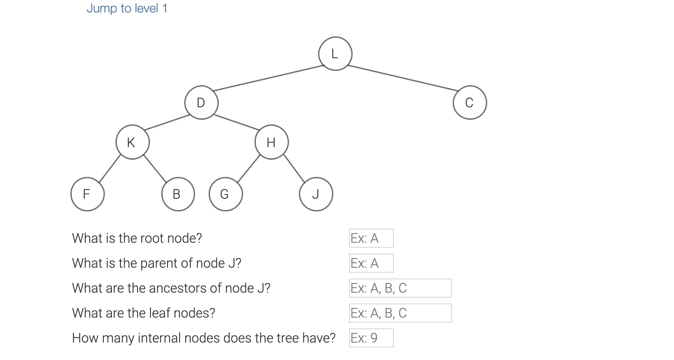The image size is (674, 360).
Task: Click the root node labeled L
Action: click(335, 54)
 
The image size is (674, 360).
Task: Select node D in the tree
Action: click(201, 103)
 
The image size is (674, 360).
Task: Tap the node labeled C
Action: click(470, 103)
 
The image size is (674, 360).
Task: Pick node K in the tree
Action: click(132, 143)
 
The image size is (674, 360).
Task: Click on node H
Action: click(271, 143)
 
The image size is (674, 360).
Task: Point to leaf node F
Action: click(87, 194)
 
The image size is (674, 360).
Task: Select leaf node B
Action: click(178, 194)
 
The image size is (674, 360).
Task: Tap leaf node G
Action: click(226, 194)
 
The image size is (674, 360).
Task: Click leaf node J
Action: click(316, 194)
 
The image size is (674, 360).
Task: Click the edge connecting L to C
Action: click(403, 78)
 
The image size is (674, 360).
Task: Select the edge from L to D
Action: click(268, 78)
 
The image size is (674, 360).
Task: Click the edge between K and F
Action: click(110, 168)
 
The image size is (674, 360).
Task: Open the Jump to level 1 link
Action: click(127, 8)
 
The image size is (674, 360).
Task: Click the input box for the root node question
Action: click(371, 238)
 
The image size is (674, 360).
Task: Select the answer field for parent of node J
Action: click(371, 263)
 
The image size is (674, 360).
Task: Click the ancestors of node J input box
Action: click(400, 288)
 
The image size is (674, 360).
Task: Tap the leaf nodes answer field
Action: click(400, 313)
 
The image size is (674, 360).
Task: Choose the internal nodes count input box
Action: click(371, 338)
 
